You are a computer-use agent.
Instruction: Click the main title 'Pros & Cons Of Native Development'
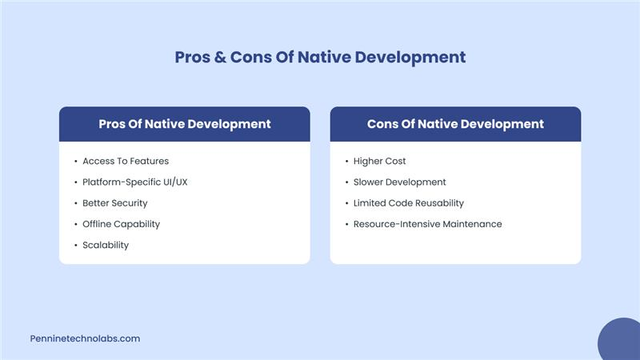tap(320, 58)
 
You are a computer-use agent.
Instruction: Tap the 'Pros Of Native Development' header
tap(185, 124)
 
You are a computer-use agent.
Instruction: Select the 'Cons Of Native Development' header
tap(455, 124)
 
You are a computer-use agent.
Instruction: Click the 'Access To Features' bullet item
tap(126, 161)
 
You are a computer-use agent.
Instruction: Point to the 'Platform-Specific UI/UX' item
tap(135, 182)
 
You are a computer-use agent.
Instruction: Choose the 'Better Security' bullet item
tap(115, 203)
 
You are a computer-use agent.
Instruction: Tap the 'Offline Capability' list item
tap(122, 224)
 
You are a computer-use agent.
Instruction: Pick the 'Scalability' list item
tap(106, 245)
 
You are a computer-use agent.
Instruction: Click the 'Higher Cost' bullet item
tap(380, 161)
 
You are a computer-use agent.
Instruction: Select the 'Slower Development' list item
tap(400, 182)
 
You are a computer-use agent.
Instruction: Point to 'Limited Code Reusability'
tap(409, 203)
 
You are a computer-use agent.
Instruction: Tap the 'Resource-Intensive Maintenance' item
tap(428, 224)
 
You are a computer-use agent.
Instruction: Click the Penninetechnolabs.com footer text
tap(85, 338)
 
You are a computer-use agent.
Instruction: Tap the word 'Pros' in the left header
tap(113, 124)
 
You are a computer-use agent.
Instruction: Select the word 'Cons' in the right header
tap(384, 124)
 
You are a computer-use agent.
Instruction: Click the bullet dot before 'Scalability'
tap(74, 246)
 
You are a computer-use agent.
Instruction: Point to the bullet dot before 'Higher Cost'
tap(346, 162)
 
